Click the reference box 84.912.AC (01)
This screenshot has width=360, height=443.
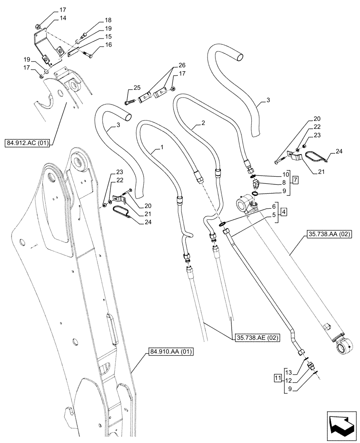point(29,143)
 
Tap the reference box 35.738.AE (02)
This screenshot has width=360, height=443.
point(251,338)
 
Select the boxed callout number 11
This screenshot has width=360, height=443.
point(278,378)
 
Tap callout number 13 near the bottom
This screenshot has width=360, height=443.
point(289,371)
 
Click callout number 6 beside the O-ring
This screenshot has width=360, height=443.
point(274,206)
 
